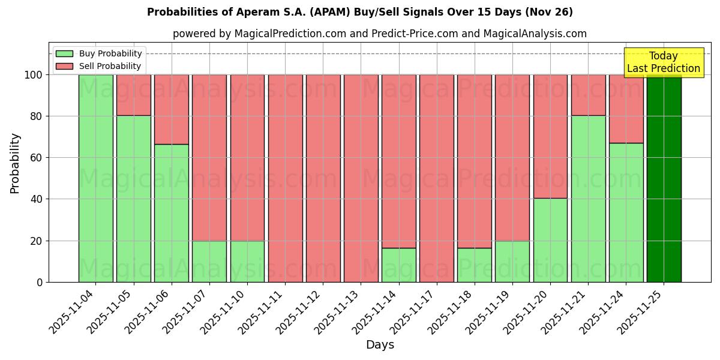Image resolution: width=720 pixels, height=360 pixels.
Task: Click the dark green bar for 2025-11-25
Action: point(664,178)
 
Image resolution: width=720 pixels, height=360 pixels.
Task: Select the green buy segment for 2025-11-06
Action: point(171,213)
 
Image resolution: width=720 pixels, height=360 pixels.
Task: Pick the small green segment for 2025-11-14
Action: point(398,265)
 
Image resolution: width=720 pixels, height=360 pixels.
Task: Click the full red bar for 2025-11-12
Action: point(323,178)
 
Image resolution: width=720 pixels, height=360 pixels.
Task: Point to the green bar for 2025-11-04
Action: point(95,178)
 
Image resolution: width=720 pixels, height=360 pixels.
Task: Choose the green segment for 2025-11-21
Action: point(588,199)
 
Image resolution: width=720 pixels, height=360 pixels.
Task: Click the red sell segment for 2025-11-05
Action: point(133,95)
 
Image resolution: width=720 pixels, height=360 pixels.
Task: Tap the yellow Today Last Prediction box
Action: point(664,62)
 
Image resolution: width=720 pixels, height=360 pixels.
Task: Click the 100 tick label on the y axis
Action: point(34,75)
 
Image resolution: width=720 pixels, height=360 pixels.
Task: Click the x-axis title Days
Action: point(380,345)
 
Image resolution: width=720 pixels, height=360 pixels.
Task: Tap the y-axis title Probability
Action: point(15,163)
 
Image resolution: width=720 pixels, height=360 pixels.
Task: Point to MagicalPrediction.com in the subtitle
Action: point(290,34)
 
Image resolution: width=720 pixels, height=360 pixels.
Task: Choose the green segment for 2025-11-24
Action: point(626,212)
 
